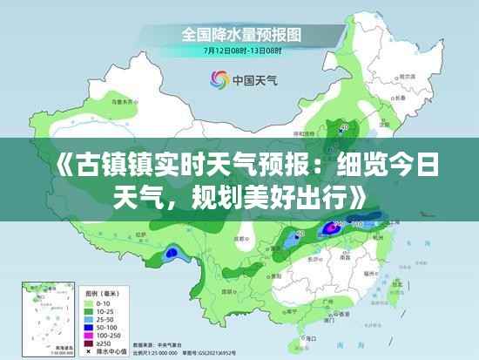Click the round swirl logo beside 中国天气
pyautogui.click(x=219, y=80)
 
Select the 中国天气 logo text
pyautogui.click(x=253, y=80)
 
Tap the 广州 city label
pyautogui.click(x=326, y=302)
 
